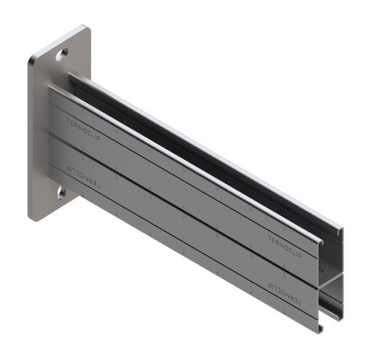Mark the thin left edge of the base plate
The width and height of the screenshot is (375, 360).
(31, 138)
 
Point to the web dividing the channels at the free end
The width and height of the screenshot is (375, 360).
(332, 278)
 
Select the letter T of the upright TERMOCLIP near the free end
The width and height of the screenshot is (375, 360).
(269, 237)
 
